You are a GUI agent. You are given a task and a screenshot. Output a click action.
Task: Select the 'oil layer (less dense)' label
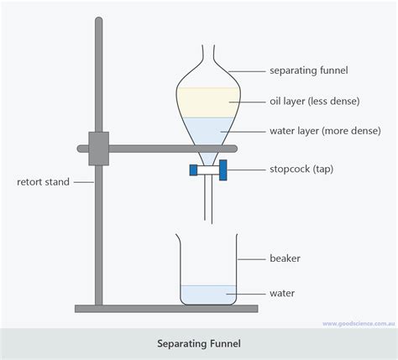(x=314, y=101)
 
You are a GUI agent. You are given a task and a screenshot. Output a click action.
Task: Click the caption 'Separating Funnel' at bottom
(x=198, y=343)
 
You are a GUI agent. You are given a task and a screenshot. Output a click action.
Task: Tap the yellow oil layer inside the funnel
(x=209, y=102)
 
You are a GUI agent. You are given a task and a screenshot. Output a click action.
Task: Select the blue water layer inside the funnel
(x=209, y=130)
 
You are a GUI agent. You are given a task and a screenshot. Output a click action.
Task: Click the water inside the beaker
(x=209, y=294)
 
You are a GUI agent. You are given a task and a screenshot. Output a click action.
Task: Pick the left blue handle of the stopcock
(x=194, y=170)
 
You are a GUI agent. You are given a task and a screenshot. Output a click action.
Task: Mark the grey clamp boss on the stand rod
(x=98, y=148)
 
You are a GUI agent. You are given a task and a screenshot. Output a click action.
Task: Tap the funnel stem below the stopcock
(x=209, y=201)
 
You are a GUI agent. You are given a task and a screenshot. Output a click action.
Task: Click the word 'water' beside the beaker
(x=282, y=294)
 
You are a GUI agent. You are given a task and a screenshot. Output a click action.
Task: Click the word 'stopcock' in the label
(x=290, y=170)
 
